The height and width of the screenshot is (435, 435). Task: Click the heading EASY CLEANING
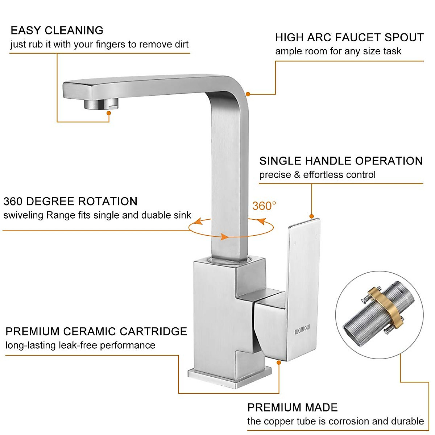click(57, 30)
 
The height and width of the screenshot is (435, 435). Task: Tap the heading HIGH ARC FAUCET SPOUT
click(349, 38)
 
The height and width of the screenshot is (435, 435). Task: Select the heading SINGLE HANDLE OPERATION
click(341, 161)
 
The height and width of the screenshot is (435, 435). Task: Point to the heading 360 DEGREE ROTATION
click(70, 202)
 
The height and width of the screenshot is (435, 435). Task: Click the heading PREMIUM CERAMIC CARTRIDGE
click(96, 332)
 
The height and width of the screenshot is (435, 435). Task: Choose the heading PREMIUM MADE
click(292, 407)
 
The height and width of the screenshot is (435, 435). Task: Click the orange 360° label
click(264, 206)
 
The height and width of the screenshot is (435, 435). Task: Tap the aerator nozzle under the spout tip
click(101, 104)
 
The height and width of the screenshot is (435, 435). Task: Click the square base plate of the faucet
click(229, 377)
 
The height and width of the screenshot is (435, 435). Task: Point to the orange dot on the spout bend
click(248, 94)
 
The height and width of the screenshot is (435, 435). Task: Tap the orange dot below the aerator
click(108, 113)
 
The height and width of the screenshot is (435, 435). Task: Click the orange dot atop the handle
click(311, 216)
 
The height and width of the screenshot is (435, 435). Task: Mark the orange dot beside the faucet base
click(279, 362)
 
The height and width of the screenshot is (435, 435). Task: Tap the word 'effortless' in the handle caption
click(320, 175)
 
